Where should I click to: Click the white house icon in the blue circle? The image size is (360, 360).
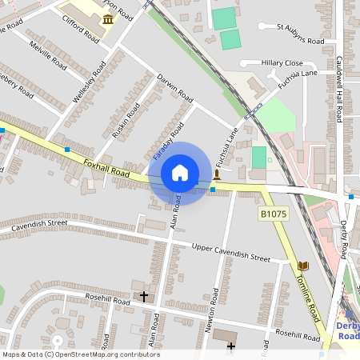point(180,173)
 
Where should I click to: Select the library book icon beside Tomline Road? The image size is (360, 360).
point(302,266)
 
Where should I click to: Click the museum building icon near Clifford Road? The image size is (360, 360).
point(107,18)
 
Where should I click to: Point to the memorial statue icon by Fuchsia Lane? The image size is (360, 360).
point(217,173)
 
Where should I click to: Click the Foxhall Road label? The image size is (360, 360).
point(106,167)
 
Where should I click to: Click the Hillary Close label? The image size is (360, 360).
point(282,63)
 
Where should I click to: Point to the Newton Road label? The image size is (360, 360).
point(213,311)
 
